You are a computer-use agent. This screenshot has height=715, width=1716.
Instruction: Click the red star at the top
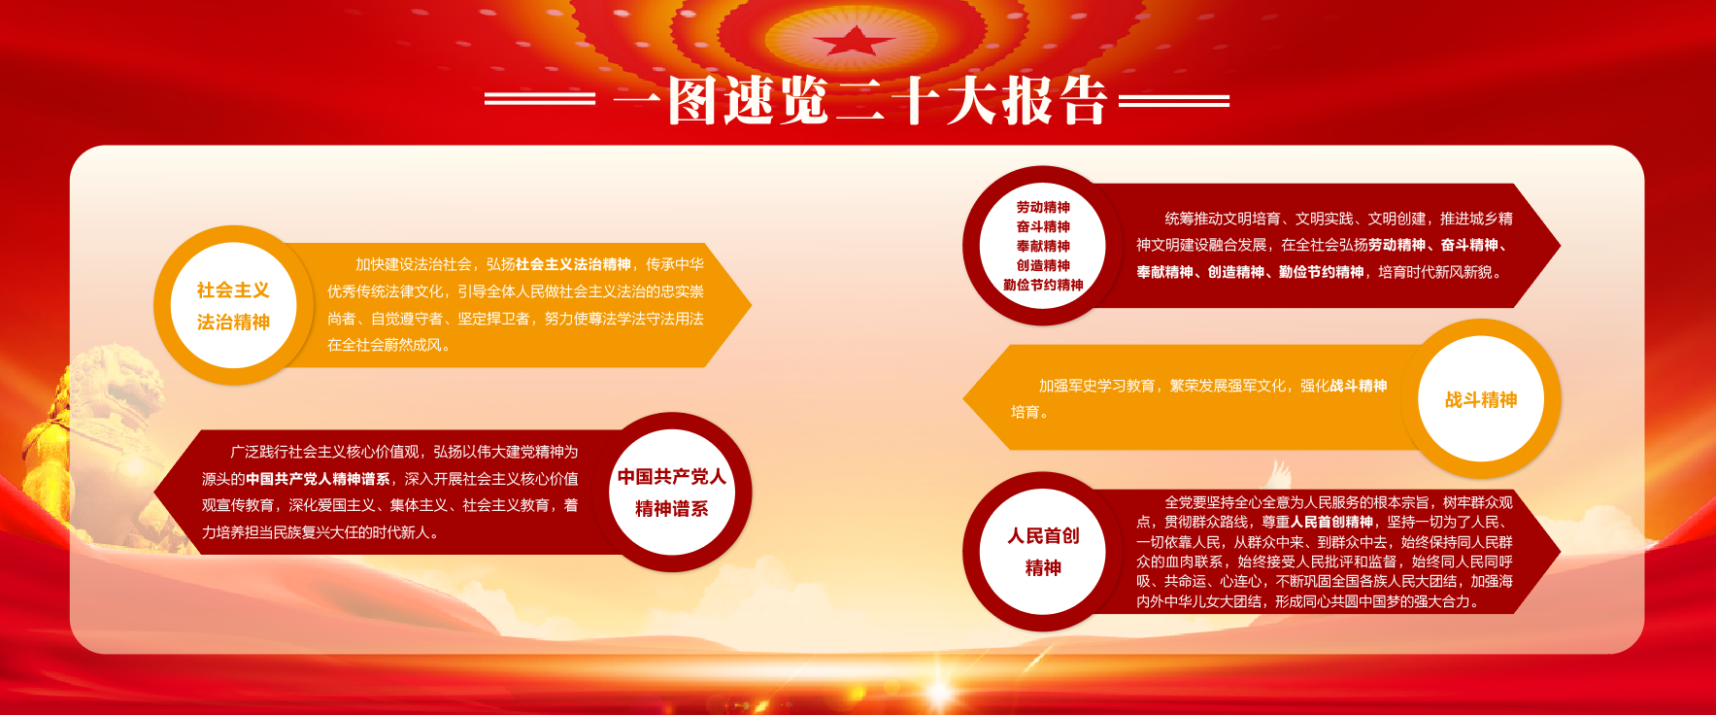coord(854,41)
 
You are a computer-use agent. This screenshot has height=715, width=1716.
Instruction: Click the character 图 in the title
coord(694,100)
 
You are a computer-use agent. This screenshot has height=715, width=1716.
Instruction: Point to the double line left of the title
coord(540,99)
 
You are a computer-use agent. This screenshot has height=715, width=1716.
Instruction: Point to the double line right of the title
coord(1174,99)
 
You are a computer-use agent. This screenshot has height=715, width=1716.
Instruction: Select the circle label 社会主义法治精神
coord(233,306)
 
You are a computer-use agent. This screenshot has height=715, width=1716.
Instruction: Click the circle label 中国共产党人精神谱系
coord(672,493)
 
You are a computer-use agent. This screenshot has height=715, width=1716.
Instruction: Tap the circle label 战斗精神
coord(1481,399)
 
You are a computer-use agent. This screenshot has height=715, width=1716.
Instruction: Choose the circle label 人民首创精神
coord(1043,552)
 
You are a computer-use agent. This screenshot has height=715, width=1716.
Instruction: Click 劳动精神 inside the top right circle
coord(1043,207)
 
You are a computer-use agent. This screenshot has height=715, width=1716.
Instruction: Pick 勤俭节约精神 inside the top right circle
coord(1043,285)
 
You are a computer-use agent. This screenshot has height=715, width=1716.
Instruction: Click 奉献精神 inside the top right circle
coord(1043,246)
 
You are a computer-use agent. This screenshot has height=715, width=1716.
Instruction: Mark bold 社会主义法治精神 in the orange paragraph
coord(573,264)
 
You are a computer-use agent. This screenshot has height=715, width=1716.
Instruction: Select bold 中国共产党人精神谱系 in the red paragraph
coord(318,479)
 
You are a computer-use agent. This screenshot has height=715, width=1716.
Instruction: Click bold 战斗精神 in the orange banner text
coord(1358,386)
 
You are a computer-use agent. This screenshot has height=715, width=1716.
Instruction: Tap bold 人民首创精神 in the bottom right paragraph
coord(1331,522)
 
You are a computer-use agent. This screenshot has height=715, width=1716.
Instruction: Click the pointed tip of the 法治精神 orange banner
coord(751,305)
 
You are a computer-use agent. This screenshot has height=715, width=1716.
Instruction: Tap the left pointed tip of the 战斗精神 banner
coord(963,398)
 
